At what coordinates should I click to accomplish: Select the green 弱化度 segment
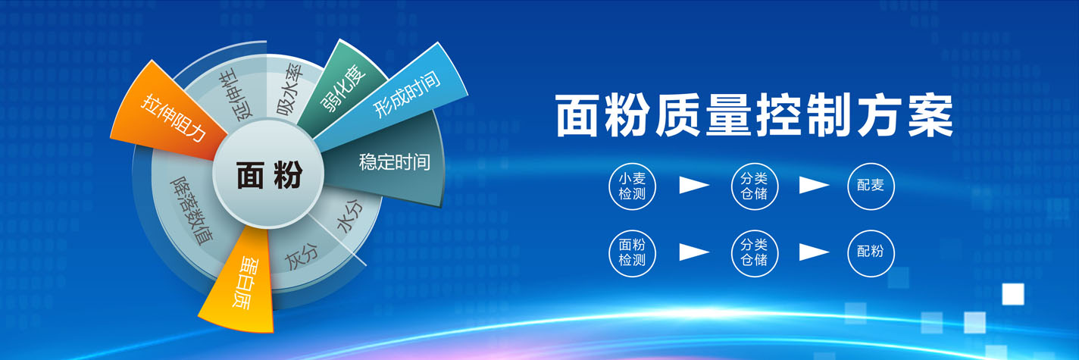(x=343, y=86)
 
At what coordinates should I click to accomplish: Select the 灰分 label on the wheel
(x=302, y=256)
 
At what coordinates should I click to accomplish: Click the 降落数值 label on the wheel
(x=192, y=210)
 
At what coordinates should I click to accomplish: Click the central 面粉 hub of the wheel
(x=268, y=174)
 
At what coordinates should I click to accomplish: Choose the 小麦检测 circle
(x=632, y=186)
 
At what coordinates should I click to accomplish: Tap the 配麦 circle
(x=871, y=186)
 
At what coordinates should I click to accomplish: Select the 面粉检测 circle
(x=632, y=253)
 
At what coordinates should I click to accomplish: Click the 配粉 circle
(x=871, y=253)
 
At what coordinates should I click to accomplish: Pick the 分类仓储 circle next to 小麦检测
(x=755, y=186)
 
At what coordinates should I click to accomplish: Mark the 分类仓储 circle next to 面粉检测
(x=755, y=253)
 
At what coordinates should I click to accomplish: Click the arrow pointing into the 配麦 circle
(x=813, y=185)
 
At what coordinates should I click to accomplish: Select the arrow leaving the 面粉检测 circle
(x=693, y=252)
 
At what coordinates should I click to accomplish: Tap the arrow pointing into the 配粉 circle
(x=813, y=252)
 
